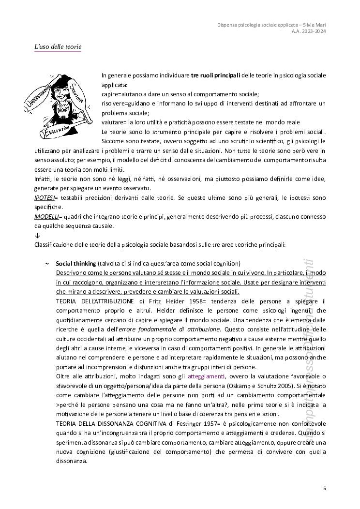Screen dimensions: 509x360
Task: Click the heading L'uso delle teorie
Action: (x=58, y=47)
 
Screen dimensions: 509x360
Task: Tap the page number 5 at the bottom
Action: (x=325, y=488)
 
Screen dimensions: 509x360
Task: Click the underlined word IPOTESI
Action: (x=44, y=198)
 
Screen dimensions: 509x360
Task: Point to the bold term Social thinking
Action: (x=75, y=263)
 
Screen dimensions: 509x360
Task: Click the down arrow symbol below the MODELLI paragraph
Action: (x=37, y=235)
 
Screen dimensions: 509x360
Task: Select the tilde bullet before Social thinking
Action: (x=46, y=263)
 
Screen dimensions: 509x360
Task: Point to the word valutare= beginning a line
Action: (x=114, y=122)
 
